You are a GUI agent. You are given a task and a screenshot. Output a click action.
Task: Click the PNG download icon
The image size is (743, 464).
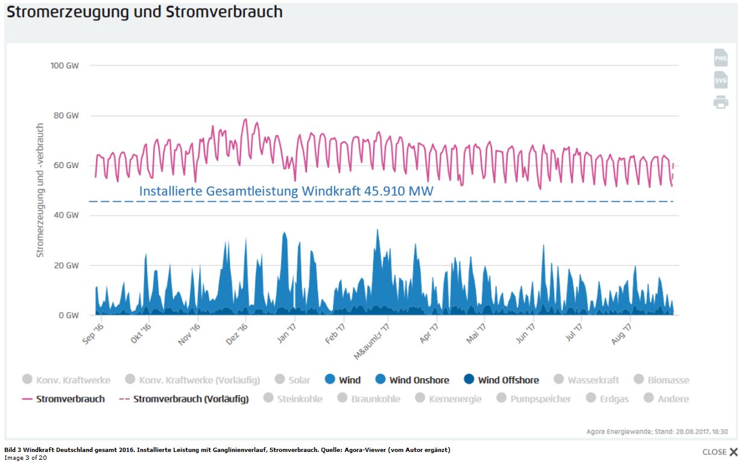click(x=721, y=58)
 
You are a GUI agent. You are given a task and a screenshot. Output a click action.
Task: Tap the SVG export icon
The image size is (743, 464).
click(x=721, y=80)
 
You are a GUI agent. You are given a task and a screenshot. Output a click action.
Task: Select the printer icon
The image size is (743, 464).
click(x=721, y=102)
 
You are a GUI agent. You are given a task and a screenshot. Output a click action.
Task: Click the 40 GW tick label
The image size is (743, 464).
click(x=67, y=215)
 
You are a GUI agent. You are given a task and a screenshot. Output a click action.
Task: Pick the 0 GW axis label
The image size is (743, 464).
click(x=69, y=315)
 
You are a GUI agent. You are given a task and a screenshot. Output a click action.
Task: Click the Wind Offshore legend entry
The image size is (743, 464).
click(x=501, y=380)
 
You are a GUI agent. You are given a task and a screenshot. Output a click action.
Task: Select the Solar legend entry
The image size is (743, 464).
click(x=292, y=380)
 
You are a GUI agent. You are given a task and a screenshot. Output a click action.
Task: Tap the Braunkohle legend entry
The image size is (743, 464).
click(x=369, y=398)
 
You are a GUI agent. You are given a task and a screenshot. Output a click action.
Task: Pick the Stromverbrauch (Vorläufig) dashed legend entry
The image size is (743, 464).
click(x=183, y=398)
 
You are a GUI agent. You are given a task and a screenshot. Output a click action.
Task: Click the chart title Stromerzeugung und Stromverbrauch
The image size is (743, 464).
click(x=145, y=11)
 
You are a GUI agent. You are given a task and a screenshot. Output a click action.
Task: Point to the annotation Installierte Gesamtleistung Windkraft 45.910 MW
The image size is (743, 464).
click(x=286, y=191)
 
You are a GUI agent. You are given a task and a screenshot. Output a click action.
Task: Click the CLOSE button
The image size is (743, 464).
click(x=720, y=452)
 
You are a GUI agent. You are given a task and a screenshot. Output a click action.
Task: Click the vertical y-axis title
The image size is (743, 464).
click(x=40, y=190)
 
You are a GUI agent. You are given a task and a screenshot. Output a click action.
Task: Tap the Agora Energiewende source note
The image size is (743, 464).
click(x=657, y=431)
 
